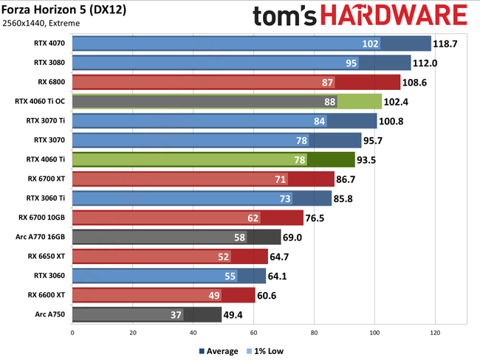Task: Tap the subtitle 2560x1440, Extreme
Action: click(x=41, y=23)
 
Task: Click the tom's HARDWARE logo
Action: click(x=360, y=17)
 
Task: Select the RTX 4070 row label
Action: click(x=48, y=44)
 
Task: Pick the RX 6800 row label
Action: click(x=51, y=82)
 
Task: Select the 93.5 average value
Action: click(x=391, y=159)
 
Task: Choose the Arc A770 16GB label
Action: click(x=42, y=237)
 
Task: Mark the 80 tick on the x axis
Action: click(x=314, y=333)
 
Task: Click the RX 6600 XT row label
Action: click(x=46, y=294)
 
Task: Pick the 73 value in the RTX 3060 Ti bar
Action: click(x=284, y=198)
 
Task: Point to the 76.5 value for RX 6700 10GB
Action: click(x=321, y=218)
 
